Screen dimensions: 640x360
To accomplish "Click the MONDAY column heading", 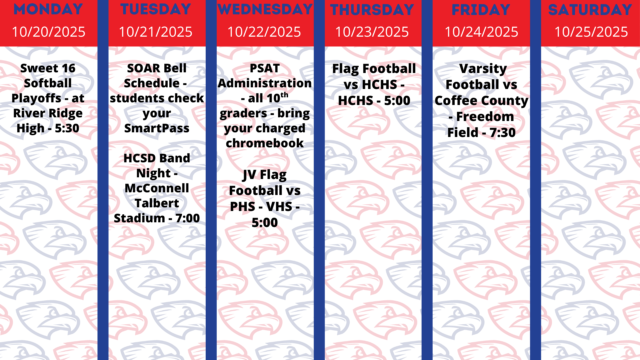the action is click(x=48, y=9).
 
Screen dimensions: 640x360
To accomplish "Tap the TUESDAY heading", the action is click(x=156, y=9).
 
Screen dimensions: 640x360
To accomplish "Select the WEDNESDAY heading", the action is click(x=265, y=9).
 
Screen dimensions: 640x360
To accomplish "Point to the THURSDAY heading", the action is click(x=372, y=10).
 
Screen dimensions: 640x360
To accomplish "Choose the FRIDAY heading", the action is click(x=481, y=10).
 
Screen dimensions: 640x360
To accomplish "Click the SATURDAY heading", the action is click(x=590, y=10).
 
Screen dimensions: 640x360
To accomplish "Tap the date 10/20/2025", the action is click(x=49, y=32).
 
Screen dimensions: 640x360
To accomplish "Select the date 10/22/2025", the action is click(x=264, y=32).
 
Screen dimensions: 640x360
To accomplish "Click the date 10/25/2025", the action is click(x=591, y=32).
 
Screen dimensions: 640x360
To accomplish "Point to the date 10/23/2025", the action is click(x=372, y=32).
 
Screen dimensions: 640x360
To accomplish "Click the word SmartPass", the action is click(x=157, y=128).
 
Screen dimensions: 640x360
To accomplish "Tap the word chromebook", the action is click(x=265, y=143).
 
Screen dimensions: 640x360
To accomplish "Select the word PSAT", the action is click(x=265, y=68).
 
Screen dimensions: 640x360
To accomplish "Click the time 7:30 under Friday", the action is click(x=502, y=133).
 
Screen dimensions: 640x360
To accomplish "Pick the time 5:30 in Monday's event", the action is click(x=67, y=128).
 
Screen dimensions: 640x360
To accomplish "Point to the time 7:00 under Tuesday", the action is click(x=188, y=218).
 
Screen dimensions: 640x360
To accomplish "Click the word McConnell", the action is click(x=157, y=188).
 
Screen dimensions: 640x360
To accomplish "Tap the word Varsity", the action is click(x=483, y=69).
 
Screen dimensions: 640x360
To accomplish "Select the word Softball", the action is click(x=48, y=83).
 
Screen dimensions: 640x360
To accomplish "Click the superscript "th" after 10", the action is click(x=284, y=95).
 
